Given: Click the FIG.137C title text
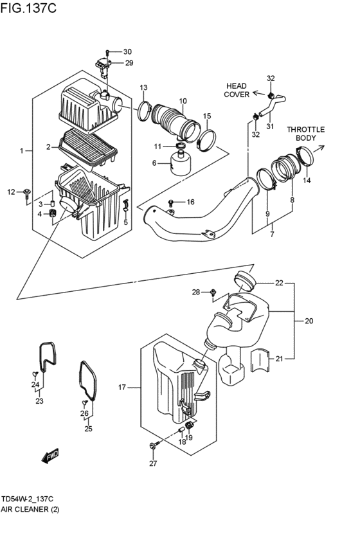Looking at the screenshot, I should coord(30,9).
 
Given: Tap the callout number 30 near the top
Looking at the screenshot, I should coord(127,51).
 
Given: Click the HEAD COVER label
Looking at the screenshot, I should coord(236,90).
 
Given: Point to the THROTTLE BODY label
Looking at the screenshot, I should coord(305,134).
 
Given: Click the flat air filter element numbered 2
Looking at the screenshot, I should coord(89,147).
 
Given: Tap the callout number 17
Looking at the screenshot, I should coord(122,387).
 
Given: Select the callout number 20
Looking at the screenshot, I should coord(309,321).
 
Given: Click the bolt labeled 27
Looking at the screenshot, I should coord(152,445).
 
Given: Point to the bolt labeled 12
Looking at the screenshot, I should coord(26,192).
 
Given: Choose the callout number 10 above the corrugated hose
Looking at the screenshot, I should coord(183,101).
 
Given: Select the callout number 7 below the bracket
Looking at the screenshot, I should coord(271,235).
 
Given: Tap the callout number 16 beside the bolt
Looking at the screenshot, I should coord(190,202).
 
